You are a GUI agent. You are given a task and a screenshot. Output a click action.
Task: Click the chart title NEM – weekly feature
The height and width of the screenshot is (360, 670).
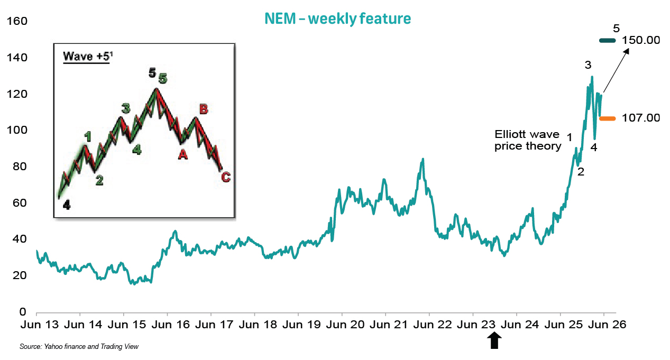click(x=338, y=19)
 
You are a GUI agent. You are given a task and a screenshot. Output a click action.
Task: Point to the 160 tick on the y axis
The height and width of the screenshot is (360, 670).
click(x=17, y=21)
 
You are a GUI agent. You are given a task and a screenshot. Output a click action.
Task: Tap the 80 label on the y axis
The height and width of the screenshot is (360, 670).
click(x=20, y=167)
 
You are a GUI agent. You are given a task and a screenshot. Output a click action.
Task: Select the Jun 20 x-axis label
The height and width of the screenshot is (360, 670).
click(x=345, y=325)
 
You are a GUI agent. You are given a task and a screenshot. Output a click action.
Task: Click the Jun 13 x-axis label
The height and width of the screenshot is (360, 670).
click(x=40, y=325)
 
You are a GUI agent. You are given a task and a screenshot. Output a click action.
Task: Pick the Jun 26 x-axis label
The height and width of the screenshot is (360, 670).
click(x=607, y=325)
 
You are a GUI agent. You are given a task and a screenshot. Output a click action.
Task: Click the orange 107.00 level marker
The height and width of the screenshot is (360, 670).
click(x=608, y=119)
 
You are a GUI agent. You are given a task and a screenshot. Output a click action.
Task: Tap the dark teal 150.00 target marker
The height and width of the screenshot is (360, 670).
click(x=608, y=41)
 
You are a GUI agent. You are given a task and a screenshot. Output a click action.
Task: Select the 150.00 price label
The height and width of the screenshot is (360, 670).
click(x=641, y=40)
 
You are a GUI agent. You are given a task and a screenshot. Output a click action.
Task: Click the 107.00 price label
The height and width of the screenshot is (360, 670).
click(x=641, y=118)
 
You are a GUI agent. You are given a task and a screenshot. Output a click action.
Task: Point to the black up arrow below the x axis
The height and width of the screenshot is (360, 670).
click(x=494, y=340)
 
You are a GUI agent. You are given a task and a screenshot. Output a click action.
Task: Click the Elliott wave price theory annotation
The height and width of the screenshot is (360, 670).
click(x=528, y=140)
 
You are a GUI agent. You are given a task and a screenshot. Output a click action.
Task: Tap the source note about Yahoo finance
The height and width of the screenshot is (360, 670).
click(x=79, y=347)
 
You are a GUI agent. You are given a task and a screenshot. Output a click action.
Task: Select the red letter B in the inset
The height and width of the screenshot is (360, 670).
click(x=204, y=109)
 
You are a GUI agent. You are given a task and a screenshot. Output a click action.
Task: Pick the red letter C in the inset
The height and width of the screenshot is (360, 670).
click(x=226, y=177)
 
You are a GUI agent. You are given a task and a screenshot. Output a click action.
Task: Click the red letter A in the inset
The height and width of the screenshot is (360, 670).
click(x=183, y=154)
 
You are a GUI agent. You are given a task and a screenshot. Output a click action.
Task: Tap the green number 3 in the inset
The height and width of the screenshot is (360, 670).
click(x=126, y=108)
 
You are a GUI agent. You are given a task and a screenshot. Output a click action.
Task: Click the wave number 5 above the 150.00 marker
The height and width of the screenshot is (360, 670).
click(x=616, y=29)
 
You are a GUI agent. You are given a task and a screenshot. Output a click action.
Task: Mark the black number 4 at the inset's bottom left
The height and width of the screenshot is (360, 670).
click(x=67, y=205)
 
